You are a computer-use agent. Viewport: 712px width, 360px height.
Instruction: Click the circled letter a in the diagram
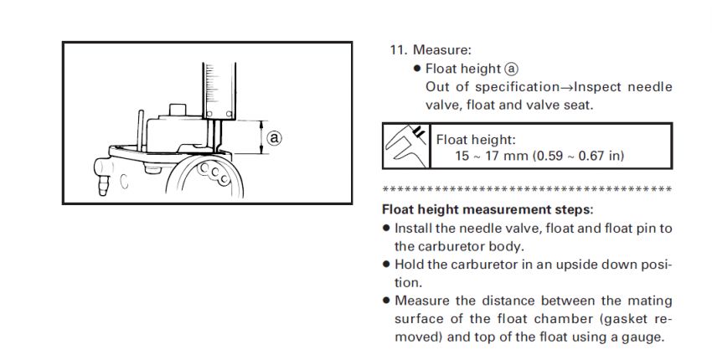[x=273, y=134]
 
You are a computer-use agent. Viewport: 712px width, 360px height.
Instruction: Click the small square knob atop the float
[x=178, y=110]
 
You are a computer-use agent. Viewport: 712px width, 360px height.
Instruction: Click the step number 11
[x=397, y=50]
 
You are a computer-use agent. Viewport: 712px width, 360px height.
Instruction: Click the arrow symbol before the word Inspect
[x=566, y=87]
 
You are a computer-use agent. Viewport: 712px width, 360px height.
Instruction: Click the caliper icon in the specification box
[x=405, y=147]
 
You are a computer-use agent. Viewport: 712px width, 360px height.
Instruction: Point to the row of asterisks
[x=526, y=188]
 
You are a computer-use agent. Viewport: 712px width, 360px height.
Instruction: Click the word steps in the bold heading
[x=573, y=208]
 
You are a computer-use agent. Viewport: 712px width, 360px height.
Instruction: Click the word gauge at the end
[x=642, y=337]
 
